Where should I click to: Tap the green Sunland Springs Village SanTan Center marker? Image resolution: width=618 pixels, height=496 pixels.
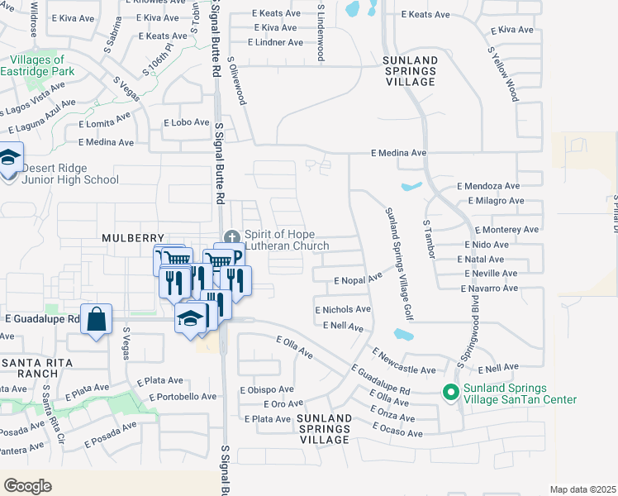coord(450,392)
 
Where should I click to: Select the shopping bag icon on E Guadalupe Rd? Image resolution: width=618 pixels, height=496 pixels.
coord(96,319)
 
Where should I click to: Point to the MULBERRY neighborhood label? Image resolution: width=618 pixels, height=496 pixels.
coord(127,237)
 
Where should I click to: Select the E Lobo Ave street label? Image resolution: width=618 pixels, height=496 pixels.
coord(186,122)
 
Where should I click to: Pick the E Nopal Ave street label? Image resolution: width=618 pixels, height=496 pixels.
coord(358,280)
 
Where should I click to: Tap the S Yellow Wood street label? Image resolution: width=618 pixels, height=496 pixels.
coord(503,73)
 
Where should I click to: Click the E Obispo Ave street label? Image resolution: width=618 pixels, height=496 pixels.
coord(266,389)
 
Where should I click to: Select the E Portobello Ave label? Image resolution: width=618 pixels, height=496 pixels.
coord(183,397)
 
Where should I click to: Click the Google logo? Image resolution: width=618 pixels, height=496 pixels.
coord(27,485)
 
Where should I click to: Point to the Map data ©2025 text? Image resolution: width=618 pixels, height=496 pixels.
coord(582,489)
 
